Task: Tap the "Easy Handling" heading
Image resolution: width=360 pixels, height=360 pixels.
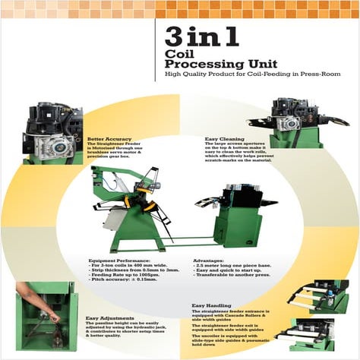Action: (210, 305)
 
